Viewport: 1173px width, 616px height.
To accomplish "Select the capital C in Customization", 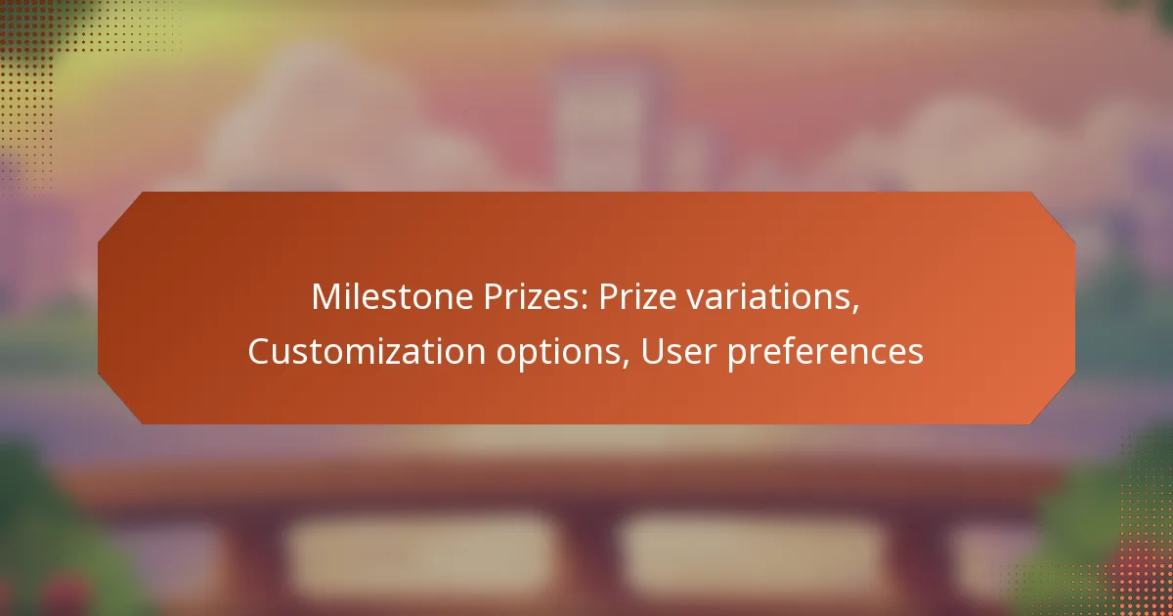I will [260, 352].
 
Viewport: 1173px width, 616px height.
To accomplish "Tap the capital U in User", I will [652, 352].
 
